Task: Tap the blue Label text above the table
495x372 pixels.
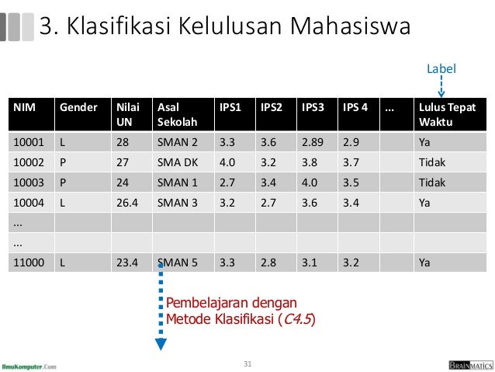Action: coord(441,70)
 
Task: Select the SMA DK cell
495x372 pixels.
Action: coord(176,163)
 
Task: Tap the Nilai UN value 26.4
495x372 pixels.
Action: coord(126,203)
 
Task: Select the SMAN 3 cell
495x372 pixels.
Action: coord(177,203)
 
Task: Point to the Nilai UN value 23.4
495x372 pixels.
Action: coord(126,262)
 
